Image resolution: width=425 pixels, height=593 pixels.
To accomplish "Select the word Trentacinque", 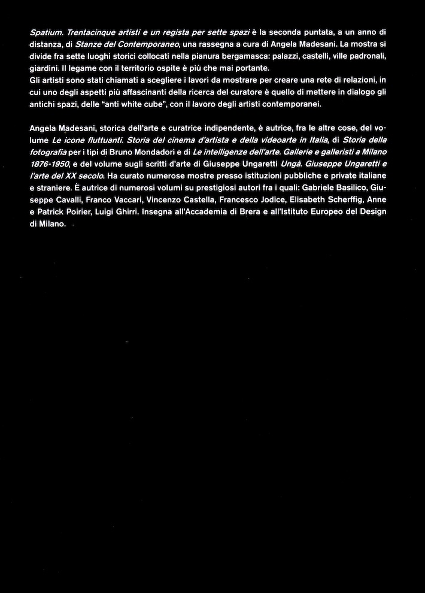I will point(92,31).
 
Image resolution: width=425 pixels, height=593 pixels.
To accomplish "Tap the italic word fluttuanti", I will point(104,140).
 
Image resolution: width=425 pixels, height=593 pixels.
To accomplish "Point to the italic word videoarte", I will point(272,140).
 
